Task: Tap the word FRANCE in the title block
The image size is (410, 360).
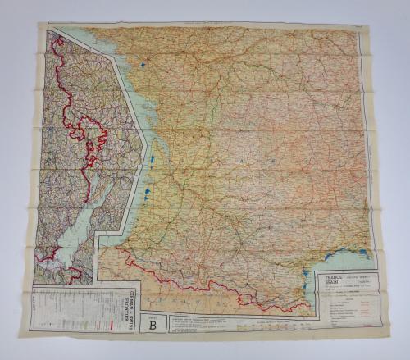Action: click(332, 278)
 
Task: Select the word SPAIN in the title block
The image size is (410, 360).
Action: click(330, 285)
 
